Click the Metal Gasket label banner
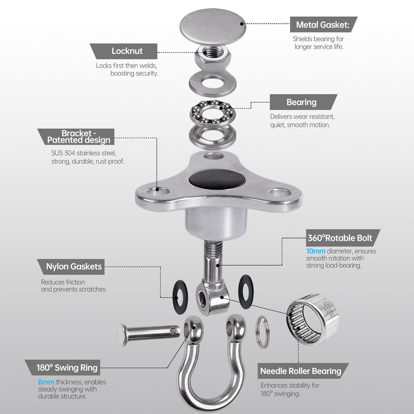tap(323, 25)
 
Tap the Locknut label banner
tap(124, 51)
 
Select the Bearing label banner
tap(303, 102)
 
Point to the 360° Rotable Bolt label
tap(343, 238)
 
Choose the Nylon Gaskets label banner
tap(71, 267)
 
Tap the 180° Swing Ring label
tap(63, 367)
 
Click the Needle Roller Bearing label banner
tap(303, 371)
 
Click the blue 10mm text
tap(315, 251)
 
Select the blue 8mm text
tap(46, 382)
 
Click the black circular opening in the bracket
tap(217, 179)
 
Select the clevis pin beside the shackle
tap(149, 334)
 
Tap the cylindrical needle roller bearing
tap(312, 320)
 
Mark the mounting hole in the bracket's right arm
tap(280, 192)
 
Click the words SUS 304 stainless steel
tap(83, 153)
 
